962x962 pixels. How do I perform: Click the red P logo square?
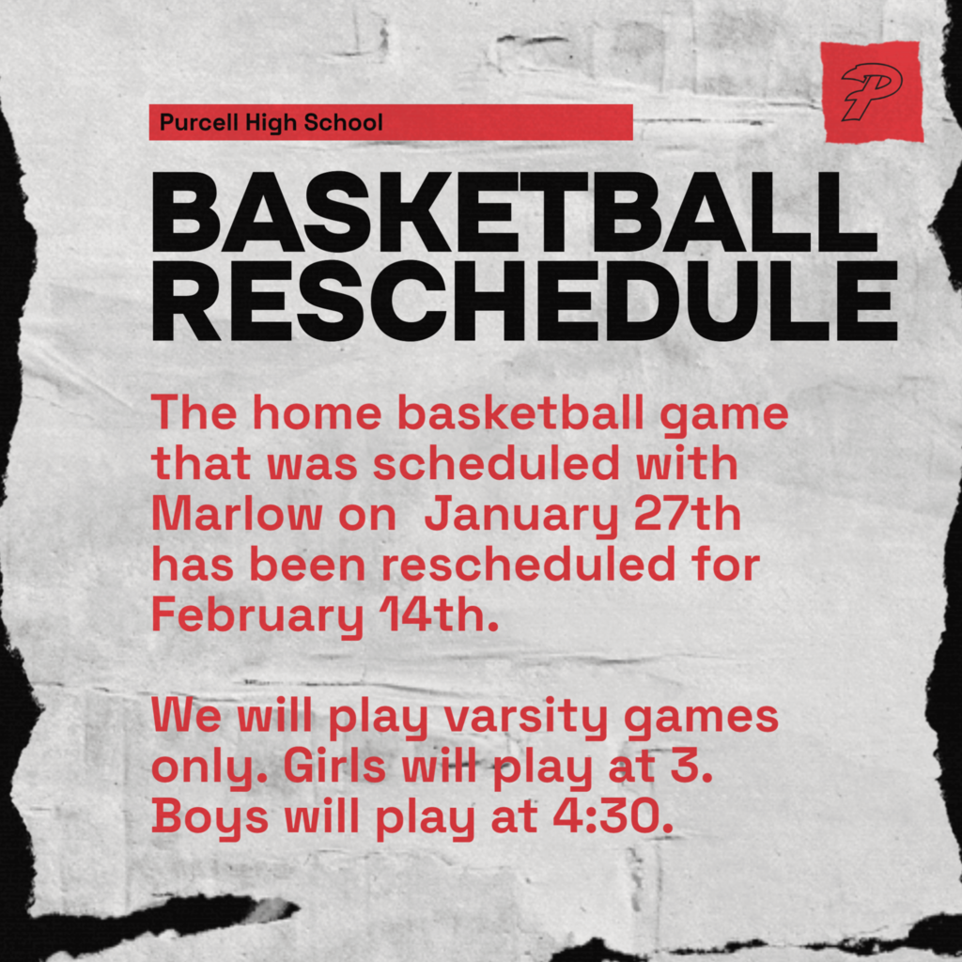[871, 92]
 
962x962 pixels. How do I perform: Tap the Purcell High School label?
[271, 122]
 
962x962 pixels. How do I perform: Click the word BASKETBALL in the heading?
[513, 215]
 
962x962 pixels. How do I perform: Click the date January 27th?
[582, 517]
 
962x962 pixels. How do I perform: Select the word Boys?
[210, 817]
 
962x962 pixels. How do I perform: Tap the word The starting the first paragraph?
[192, 413]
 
